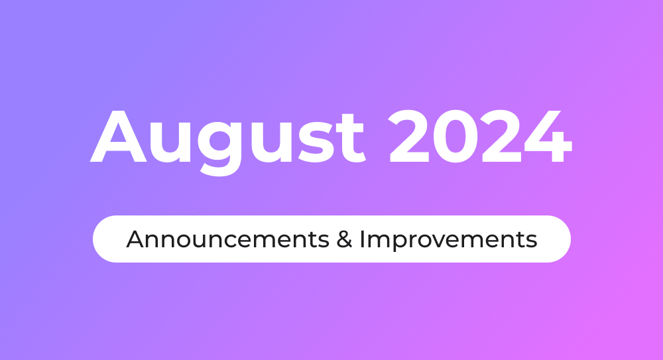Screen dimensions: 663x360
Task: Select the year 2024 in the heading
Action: point(480,136)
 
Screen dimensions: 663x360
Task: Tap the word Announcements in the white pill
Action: point(227,239)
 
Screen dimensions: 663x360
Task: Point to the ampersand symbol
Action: point(345,239)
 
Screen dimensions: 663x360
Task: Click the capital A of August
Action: point(119,136)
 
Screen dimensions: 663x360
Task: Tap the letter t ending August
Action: point(349,138)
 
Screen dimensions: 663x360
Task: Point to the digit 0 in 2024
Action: point(455,136)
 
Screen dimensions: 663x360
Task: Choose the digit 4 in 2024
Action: point(548,136)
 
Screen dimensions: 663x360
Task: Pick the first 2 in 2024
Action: point(409,136)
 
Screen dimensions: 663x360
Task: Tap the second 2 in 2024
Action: point(501,136)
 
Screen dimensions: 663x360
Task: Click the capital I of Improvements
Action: point(363,239)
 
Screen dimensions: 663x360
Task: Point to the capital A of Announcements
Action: point(135,239)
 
